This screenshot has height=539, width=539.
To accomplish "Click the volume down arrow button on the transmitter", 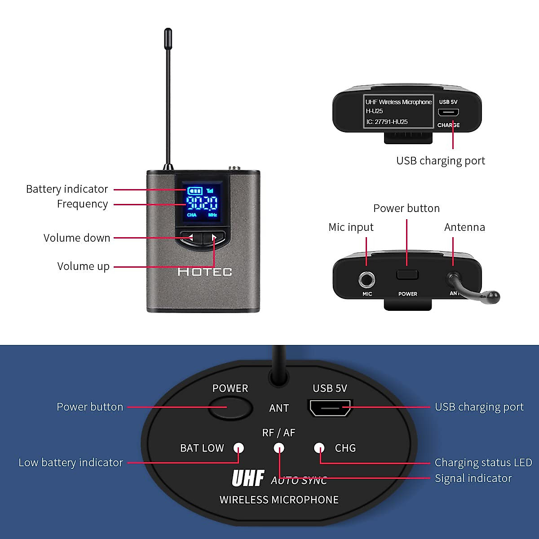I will [190, 237].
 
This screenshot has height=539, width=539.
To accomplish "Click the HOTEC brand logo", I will [205, 272].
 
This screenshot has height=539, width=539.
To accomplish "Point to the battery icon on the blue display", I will [194, 191].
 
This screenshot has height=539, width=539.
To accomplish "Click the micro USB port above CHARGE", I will [448, 112].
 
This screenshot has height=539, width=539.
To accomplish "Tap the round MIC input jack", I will [367, 280].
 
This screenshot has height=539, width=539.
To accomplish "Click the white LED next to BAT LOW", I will [239, 448].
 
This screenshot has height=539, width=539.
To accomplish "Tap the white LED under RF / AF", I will [279, 448].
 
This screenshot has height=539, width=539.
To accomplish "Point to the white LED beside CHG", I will [319, 448].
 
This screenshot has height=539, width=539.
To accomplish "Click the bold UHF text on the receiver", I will [247, 478].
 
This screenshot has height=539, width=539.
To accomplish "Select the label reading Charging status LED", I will [483, 462].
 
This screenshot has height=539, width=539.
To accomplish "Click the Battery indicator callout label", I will [67, 189].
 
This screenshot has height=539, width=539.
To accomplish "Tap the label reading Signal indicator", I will [473, 478].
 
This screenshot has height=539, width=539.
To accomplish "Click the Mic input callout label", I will [351, 227].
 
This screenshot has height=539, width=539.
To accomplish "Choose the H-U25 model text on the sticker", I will [374, 111].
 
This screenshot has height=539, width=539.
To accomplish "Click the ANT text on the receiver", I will [279, 408].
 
